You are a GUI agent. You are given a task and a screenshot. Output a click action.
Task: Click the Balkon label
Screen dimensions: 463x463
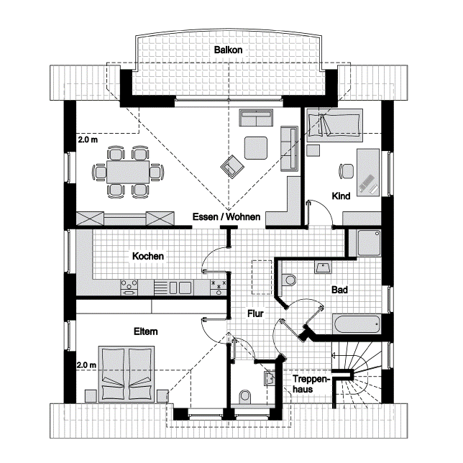[228, 50]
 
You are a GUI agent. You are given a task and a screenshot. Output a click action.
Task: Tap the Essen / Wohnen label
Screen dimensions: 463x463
[226, 216]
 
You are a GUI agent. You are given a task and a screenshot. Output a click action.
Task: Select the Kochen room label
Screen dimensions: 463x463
[148, 256]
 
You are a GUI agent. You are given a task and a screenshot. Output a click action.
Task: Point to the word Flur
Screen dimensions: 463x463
[255, 313]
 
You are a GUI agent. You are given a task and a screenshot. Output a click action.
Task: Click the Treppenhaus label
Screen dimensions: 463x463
[310, 384]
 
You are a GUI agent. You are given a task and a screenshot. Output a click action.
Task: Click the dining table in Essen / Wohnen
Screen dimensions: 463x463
[128, 172]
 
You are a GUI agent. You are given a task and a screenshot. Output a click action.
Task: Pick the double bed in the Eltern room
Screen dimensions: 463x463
[127, 374]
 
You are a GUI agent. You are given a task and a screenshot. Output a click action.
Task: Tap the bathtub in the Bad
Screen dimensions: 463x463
[357, 324]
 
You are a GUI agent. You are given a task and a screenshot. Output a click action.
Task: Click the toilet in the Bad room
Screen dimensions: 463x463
[288, 280]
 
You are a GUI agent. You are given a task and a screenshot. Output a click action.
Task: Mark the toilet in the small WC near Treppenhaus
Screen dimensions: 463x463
[245, 396]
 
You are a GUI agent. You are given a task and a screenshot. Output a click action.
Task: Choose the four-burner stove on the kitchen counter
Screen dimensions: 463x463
[129, 288]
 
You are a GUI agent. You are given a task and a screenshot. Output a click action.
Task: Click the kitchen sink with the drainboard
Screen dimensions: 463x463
[173, 288]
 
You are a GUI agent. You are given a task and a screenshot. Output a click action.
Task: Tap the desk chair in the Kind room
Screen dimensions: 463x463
[346, 171]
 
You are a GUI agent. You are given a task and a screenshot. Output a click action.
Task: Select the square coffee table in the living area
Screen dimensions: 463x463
[256, 147]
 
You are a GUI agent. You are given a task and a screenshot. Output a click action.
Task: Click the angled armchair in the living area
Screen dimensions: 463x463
[233, 167]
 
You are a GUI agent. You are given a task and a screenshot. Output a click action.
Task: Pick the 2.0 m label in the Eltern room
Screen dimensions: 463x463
[86, 365]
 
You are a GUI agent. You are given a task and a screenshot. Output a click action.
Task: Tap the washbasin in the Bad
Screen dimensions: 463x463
[323, 267]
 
